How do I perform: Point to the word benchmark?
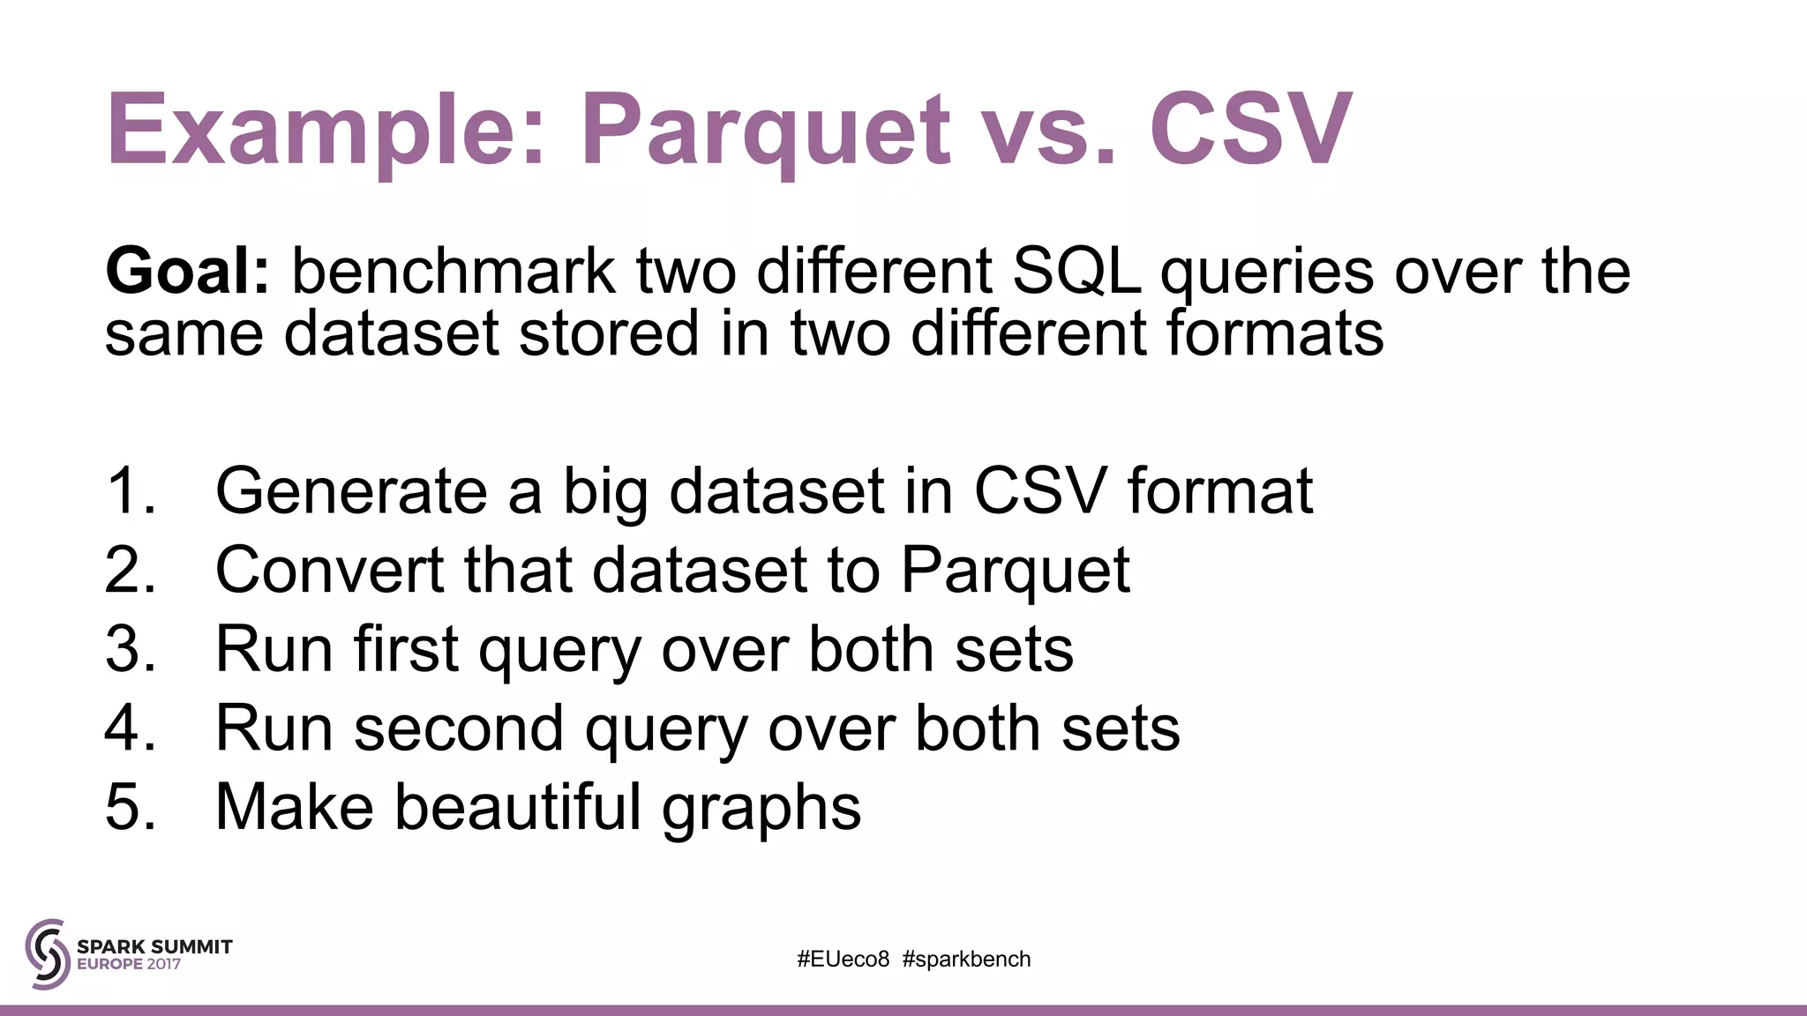(x=453, y=271)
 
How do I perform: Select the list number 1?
(x=129, y=490)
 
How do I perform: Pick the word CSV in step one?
(x=1039, y=490)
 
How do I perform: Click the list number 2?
(x=129, y=570)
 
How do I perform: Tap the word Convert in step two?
(x=329, y=570)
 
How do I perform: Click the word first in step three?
(x=406, y=649)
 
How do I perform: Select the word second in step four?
(x=459, y=728)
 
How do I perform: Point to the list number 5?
(x=129, y=807)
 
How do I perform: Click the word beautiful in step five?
(x=517, y=807)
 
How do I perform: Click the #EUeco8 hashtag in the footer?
(x=844, y=960)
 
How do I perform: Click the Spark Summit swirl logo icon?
(x=48, y=954)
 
